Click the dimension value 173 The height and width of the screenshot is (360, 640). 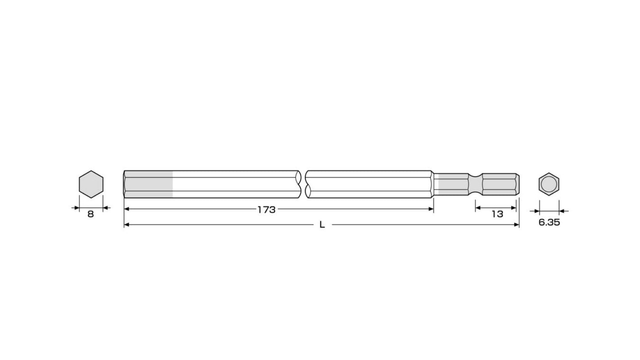[266, 210]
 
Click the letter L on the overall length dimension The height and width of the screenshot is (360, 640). [322, 225]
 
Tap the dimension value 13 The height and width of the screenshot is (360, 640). [497, 214]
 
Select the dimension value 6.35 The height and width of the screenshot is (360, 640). [549, 222]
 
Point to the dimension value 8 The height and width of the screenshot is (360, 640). [90, 214]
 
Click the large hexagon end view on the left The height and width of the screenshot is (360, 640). [91, 184]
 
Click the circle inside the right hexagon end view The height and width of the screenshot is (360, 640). [549, 184]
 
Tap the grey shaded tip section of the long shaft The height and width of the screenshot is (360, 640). [148, 184]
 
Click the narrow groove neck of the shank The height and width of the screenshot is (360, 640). [475, 184]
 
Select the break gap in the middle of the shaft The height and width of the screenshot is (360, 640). [303, 184]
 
